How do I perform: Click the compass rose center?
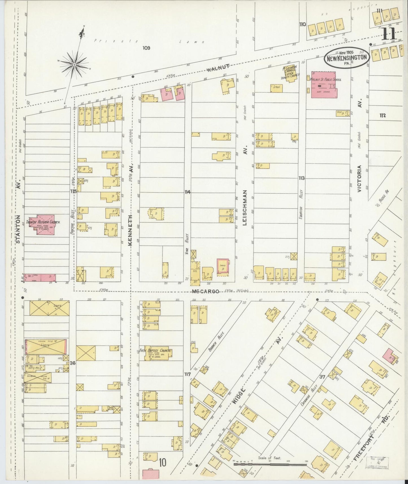74,65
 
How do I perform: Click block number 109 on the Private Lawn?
146,48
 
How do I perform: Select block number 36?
73,363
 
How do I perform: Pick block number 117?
187,374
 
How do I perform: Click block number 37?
323,376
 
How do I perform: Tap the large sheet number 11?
389,34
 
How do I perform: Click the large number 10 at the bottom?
162,462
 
